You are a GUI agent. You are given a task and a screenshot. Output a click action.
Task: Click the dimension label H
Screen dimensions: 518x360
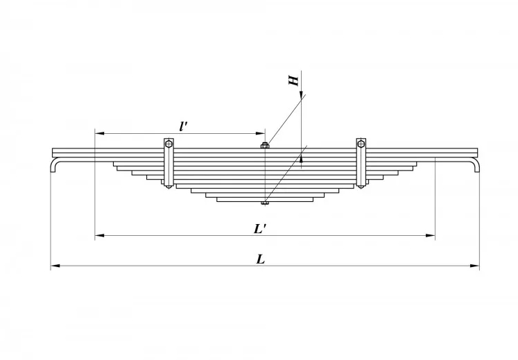pyautogui.click(x=293, y=80)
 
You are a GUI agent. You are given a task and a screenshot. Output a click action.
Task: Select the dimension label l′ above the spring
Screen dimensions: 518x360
pyautogui.click(x=182, y=126)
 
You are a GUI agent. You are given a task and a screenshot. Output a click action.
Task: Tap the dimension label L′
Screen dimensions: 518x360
pyautogui.click(x=261, y=229)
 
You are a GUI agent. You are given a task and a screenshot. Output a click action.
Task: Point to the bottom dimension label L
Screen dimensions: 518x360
pyautogui.click(x=261, y=259)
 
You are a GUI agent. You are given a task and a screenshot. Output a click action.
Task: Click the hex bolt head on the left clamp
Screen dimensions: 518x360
pyautogui.click(x=169, y=144)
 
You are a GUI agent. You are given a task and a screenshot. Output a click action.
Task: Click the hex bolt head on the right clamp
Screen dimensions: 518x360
pyautogui.click(x=361, y=144)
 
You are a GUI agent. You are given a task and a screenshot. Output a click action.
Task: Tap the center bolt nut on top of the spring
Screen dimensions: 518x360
pyautogui.click(x=265, y=146)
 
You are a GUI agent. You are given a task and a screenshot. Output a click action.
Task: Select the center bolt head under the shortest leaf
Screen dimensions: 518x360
pyautogui.click(x=265, y=203)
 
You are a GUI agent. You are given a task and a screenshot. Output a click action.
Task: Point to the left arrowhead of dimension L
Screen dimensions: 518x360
pyautogui.click(x=55, y=266)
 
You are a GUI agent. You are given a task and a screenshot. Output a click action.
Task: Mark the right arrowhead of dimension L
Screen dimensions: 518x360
pyautogui.click(x=475, y=266)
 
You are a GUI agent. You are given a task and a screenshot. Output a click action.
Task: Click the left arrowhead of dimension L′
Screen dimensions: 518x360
pyautogui.click(x=99, y=235)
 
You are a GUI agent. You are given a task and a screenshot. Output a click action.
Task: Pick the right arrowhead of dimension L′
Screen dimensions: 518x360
pyautogui.click(x=431, y=235)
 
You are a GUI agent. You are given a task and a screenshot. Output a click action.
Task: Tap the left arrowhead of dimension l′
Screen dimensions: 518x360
pyautogui.click(x=99, y=133)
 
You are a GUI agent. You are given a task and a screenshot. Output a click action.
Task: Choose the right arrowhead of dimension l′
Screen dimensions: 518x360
pyautogui.click(x=261, y=133)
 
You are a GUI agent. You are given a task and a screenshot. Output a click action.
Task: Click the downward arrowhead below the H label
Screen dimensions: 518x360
pyautogui.click(x=301, y=94)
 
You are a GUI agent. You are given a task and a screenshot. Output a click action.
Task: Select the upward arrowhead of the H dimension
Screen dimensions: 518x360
pyautogui.click(x=301, y=160)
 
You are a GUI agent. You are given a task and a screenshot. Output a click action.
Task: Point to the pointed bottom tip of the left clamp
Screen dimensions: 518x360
pyautogui.click(x=169, y=187)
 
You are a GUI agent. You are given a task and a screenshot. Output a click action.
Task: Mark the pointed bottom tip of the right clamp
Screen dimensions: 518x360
pyautogui.click(x=361, y=187)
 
